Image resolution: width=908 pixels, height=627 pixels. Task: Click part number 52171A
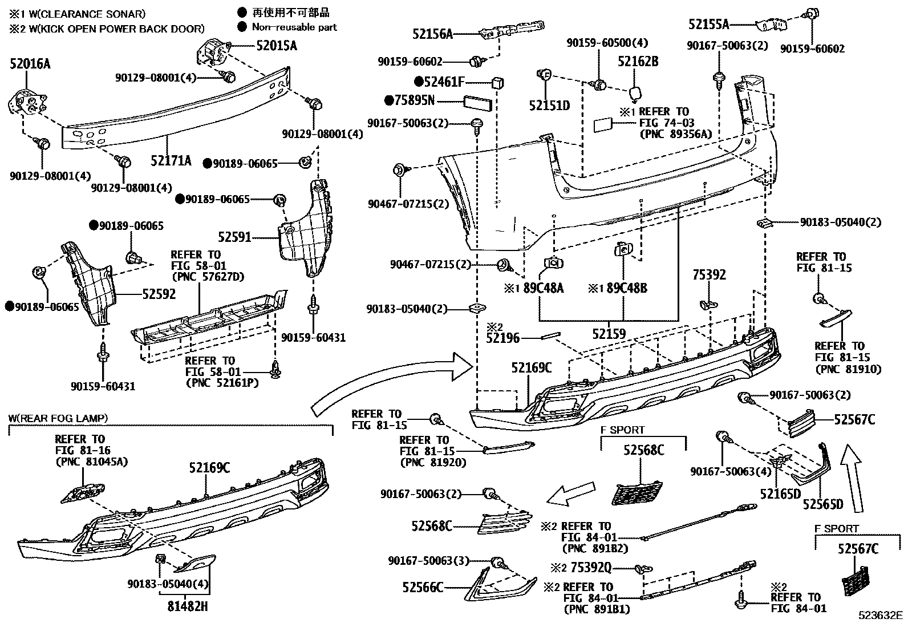click(x=171, y=160)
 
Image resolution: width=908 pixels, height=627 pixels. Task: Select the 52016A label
click(x=30, y=64)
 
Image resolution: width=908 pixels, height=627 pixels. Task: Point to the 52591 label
click(x=234, y=236)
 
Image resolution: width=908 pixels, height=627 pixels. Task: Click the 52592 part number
click(x=159, y=294)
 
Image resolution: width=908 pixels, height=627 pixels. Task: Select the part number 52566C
click(x=422, y=587)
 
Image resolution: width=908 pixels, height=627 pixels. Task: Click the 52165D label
click(x=780, y=493)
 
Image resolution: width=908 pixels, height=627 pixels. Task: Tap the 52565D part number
click(x=823, y=504)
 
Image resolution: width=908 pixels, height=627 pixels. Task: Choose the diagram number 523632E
click(x=882, y=615)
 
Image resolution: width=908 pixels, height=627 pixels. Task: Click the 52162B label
click(x=638, y=61)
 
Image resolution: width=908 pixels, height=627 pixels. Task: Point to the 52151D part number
click(x=549, y=106)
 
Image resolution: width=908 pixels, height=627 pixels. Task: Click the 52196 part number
click(x=502, y=338)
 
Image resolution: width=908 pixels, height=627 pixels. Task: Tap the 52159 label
click(x=609, y=334)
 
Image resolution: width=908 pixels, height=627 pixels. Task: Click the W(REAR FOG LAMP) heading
click(x=58, y=418)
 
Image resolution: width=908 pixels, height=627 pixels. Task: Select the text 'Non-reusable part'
click(x=294, y=27)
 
